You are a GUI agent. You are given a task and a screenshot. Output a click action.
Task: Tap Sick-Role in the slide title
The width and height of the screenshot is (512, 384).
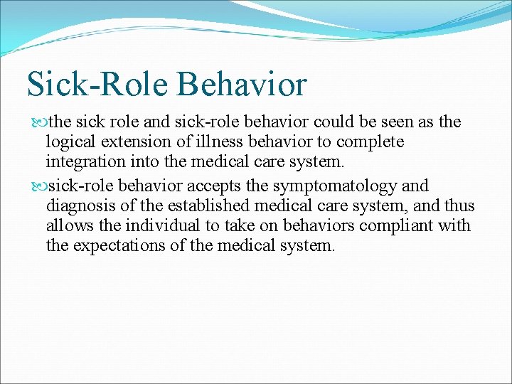pyautogui.click(x=97, y=83)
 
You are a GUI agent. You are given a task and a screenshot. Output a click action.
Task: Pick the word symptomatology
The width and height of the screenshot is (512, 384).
pyautogui.click(x=339, y=186)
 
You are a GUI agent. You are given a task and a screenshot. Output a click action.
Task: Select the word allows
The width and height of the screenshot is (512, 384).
pyautogui.click(x=67, y=226)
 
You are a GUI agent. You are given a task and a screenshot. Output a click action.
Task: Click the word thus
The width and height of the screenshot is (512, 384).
pyautogui.click(x=459, y=206)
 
